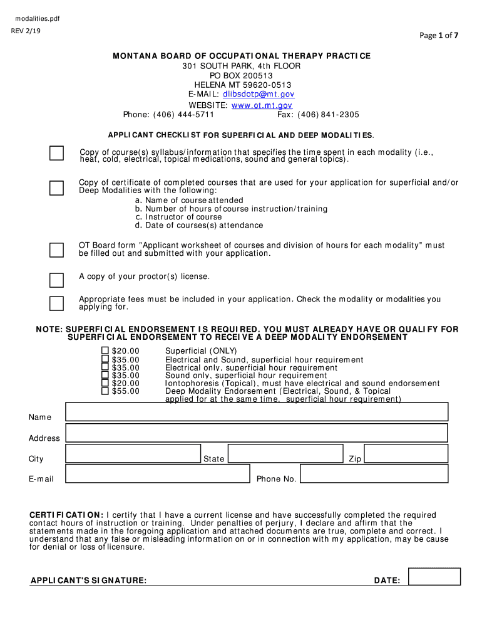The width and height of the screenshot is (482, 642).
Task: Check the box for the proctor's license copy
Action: (x=56, y=280)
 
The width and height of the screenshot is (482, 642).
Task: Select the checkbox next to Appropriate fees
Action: (x=56, y=303)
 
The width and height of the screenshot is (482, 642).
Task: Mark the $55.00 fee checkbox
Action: (x=105, y=391)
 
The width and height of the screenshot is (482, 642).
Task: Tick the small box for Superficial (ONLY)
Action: (x=105, y=350)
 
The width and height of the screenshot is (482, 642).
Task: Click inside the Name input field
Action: (x=257, y=412)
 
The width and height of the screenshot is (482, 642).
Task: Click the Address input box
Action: (x=257, y=433)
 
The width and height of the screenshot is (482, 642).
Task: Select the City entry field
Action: (x=133, y=453)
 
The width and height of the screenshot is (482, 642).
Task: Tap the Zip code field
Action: (x=406, y=453)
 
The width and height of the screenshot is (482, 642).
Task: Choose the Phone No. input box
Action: (x=374, y=474)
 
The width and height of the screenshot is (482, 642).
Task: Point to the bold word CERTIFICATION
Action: (x=66, y=515)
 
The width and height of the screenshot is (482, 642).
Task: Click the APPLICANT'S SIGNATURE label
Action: (x=89, y=581)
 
